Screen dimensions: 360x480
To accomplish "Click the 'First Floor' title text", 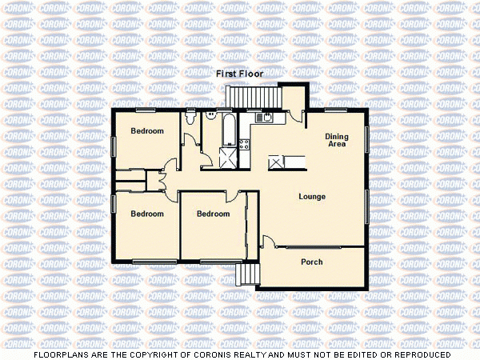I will click(239, 74).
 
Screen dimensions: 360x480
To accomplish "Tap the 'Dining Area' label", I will click(337, 140).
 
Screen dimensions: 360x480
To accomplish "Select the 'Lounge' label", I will click(312, 196).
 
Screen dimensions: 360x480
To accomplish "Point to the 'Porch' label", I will click(311, 262).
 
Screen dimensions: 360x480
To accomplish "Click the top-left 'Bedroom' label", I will click(147, 130).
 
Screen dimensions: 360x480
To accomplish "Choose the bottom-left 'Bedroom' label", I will click(147, 214).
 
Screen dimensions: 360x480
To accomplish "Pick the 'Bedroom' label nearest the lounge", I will click(213, 214).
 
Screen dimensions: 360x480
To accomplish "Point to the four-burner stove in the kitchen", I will click(246, 144).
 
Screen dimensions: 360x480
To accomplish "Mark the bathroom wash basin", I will click(212, 114).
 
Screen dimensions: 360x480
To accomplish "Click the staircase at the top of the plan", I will click(254, 95).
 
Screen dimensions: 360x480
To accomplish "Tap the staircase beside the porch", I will click(248, 275).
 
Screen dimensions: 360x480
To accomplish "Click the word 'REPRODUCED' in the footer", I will click(417, 354).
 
